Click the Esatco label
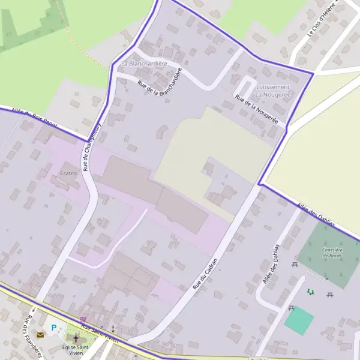(68, 173)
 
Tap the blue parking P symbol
(54, 328)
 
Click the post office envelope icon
(40, 334)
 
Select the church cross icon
(76, 340)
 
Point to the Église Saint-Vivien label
(76, 351)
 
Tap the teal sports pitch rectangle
(299, 321)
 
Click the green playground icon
(310, 292)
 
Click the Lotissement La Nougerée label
(273, 91)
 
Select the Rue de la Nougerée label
(256, 109)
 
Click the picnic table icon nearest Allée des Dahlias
(295, 264)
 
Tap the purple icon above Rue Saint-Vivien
(83, 320)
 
